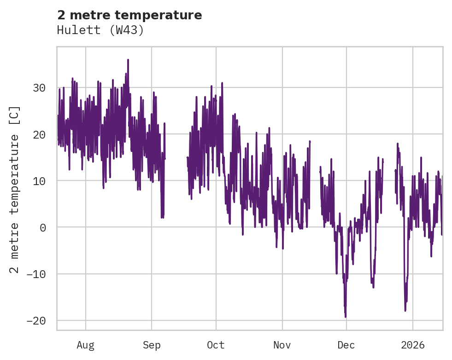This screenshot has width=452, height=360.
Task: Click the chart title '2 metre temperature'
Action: click(129, 15)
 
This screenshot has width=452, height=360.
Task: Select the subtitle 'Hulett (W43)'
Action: click(100, 30)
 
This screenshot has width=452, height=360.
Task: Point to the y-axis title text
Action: click(15, 189)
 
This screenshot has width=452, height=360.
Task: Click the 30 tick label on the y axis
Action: click(40, 87)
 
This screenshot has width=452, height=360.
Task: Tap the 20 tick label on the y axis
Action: click(40, 134)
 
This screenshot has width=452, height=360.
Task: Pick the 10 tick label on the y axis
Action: click(40, 181)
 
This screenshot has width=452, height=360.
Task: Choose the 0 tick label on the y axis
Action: click(43, 227)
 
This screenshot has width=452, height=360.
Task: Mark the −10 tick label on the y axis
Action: click(36, 274)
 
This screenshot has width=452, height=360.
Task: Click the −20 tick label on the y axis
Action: click(36, 320)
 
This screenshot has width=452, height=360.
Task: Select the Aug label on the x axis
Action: click(86, 345)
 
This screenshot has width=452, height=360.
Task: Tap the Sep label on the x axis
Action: click(152, 345)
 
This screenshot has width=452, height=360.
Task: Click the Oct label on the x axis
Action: click(216, 345)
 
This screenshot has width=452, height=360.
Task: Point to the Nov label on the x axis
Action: click(282, 345)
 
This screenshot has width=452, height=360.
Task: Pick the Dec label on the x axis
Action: click(346, 345)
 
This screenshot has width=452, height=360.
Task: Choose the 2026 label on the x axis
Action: click(413, 345)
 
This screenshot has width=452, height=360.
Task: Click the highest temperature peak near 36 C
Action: click(128, 60)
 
